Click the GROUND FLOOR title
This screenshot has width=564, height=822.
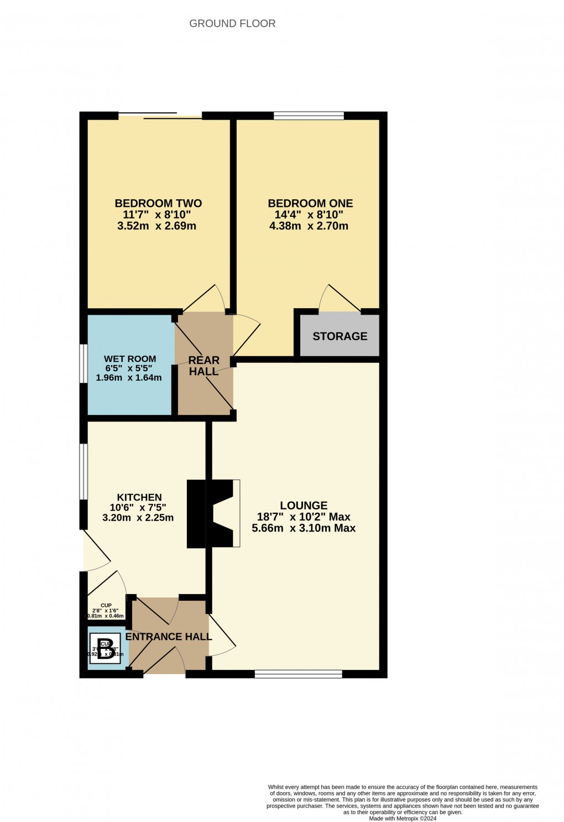tap(232, 23)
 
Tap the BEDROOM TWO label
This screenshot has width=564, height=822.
tap(158, 203)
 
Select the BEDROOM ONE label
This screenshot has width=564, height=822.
tap(310, 203)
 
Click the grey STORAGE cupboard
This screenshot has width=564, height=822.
tap(340, 336)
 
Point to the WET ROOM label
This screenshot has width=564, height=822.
tap(130, 359)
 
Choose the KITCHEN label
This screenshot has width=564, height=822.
tap(139, 497)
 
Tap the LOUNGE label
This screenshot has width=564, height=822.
tap(304, 505)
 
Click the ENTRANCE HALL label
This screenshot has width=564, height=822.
tap(169, 637)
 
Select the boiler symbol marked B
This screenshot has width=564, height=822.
tap(106, 648)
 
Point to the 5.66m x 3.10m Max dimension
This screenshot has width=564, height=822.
tap(304, 528)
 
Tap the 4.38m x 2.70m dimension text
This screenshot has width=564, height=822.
tap(309, 226)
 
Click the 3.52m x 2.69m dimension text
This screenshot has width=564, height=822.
tap(157, 226)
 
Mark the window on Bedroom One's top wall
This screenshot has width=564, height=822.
tap(309, 116)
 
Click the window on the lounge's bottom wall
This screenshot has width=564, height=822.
tap(298, 674)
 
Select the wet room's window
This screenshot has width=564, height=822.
tap(83, 363)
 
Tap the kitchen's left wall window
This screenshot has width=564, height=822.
tap(83, 472)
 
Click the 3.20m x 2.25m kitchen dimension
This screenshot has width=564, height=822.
tap(138, 518)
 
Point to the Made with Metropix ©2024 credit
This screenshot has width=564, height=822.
tap(403, 818)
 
